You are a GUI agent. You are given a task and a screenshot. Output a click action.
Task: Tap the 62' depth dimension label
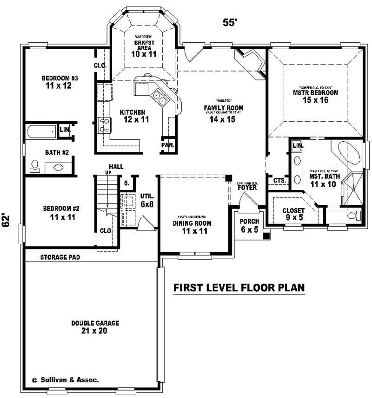click(x=7, y=220)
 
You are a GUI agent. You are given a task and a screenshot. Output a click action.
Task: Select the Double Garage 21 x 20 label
click(x=95, y=326)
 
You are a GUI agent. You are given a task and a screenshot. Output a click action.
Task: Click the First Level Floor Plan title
click(x=239, y=288)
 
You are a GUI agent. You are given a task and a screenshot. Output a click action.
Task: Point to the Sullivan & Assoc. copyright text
click(x=65, y=379)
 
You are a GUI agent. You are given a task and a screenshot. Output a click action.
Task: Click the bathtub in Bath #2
click(x=40, y=131)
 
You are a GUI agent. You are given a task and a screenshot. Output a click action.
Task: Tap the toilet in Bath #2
click(x=34, y=165)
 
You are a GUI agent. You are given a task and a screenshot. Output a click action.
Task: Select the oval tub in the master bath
click(x=348, y=154)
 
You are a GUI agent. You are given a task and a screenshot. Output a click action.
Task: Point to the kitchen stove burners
click(x=105, y=124)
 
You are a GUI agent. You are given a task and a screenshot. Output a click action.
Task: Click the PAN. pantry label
click(x=168, y=145)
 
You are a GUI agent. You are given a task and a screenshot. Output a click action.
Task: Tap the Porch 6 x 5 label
click(x=249, y=225)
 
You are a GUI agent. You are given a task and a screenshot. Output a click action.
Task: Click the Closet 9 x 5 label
click(x=294, y=214)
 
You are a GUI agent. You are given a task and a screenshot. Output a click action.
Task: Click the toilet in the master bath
click(x=354, y=215)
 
